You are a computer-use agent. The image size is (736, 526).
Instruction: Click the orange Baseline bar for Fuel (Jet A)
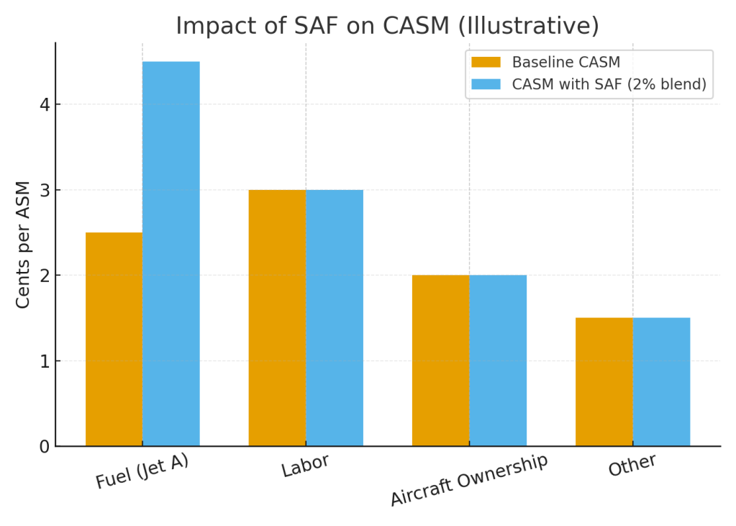pyautogui.click(x=114, y=339)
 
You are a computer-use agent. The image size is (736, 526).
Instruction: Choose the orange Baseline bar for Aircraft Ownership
pyautogui.click(x=440, y=361)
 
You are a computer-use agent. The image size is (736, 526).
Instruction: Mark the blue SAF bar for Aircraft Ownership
pyautogui.click(x=498, y=361)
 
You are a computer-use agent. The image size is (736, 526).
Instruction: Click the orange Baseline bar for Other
pyautogui.click(x=604, y=381)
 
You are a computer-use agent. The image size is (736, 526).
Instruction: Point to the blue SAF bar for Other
pyautogui.click(x=661, y=381)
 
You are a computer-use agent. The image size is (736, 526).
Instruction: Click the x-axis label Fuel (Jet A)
pyautogui.click(x=142, y=471)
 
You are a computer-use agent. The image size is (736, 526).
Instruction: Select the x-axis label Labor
pyautogui.click(x=305, y=466)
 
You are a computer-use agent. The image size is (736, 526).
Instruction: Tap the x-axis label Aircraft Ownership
pyautogui.click(x=469, y=479)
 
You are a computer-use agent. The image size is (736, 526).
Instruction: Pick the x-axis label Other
pyautogui.click(x=632, y=465)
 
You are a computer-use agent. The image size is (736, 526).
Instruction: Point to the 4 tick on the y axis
pyautogui.click(x=45, y=104)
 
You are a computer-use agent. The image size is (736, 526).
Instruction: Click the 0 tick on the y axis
pyautogui.click(x=45, y=447)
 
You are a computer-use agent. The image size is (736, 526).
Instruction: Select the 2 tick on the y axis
pyautogui.click(x=45, y=276)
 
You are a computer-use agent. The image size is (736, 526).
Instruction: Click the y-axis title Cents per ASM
pyautogui.click(x=23, y=245)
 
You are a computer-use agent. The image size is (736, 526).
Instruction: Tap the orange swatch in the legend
pyautogui.click(x=486, y=63)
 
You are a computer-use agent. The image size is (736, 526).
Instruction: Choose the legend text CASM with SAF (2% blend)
pyautogui.click(x=609, y=84)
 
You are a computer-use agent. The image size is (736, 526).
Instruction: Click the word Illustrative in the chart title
pyautogui.click(x=532, y=26)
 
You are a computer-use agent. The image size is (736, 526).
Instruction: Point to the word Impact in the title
pyautogui.click(x=207, y=26)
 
